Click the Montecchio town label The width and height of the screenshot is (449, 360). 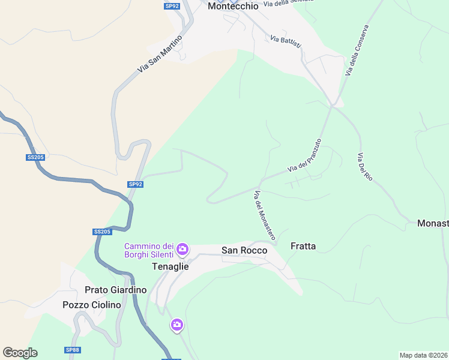pyautogui.click(x=233, y=6)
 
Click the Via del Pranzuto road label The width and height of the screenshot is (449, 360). pyautogui.click(x=304, y=156)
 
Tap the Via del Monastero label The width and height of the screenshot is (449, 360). pyautogui.click(x=264, y=216)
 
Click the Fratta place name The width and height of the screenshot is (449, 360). pyautogui.click(x=303, y=245)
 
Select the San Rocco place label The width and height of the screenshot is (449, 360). pyautogui.click(x=244, y=250)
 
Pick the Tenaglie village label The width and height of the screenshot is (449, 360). pyautogui.click(x=170, y=266)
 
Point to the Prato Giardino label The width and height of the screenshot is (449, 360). pyautogui.click(x=116, y=290)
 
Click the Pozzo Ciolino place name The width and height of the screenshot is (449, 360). pyautogui.click(x=92, y=305)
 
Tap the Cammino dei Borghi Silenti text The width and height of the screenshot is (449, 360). pyautogui.click(x=149, y=251)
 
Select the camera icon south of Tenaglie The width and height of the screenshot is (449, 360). pyautogui.click(x=176, y=325)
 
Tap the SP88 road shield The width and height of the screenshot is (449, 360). pyautogui.click(x=72, y=350)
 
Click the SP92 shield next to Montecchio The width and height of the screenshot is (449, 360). pyautogui.click(x=172, y=6)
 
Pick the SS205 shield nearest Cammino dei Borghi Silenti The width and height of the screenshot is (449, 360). pyautogui.click(x=102, y=232)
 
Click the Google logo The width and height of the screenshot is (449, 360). pyautogui.click(x=20, y=353)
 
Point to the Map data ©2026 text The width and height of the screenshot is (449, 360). pyautogui.click(x=423, y=355)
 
